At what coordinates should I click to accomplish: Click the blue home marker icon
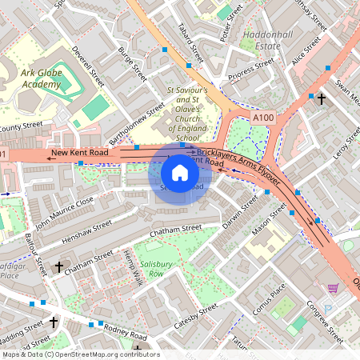pos(180,173)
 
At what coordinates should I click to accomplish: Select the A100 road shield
pos(264,118)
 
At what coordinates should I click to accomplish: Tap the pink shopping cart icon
pos(333,288)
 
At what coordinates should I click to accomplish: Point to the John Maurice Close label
pos(64,211)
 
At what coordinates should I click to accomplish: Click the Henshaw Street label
pos(86,228)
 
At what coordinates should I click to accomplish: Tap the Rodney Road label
pos(125,334)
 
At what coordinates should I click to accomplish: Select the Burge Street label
pos(133,65)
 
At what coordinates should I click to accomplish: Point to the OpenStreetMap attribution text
pos(80,354)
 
